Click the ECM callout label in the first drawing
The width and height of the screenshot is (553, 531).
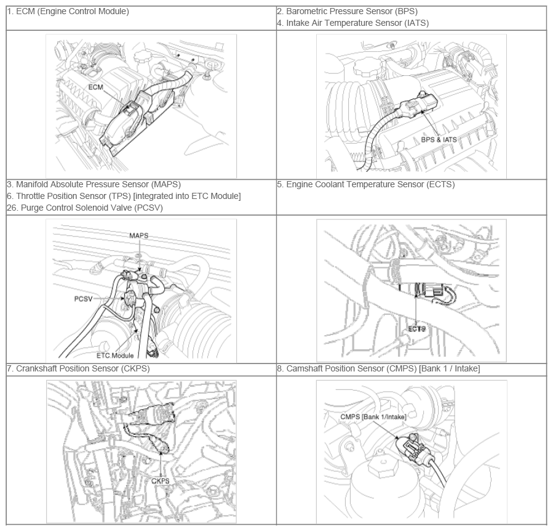95,87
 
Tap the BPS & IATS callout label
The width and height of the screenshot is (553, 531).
439,140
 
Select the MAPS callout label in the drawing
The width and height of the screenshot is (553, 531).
138,236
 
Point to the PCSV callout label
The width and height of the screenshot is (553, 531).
83,299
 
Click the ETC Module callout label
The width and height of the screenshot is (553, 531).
115,355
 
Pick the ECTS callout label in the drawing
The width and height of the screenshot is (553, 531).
416,329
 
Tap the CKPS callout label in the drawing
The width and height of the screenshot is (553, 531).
160,481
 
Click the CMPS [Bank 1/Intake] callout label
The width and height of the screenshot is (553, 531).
373,417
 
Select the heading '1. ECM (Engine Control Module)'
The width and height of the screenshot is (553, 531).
68,11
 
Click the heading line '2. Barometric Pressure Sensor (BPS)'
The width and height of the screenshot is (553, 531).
348,11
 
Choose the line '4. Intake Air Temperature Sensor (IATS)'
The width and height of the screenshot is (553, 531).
353,23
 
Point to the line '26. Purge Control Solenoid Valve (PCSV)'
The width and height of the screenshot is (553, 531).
85,208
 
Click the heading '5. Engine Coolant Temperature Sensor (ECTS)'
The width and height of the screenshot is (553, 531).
366,184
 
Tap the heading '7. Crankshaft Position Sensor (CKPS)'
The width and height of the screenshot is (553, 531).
78,368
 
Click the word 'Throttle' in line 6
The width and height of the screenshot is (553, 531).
31,196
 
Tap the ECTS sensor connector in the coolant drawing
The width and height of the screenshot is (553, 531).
432,291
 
